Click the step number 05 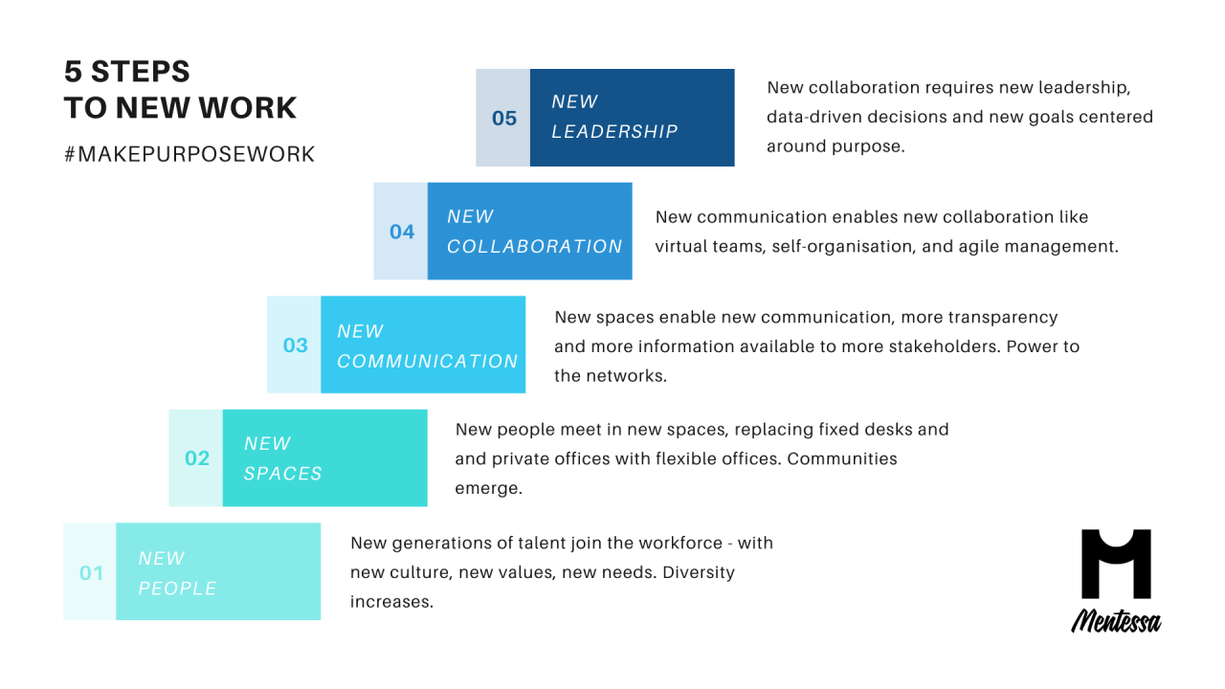503,118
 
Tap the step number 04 401,232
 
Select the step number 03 296,345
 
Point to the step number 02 197,458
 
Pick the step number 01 91,573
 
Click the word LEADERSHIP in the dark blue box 614,131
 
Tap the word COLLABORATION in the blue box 534,247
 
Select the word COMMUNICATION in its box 427,361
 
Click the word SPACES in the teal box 282,474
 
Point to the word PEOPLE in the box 177,589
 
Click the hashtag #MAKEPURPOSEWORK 189,154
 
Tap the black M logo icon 1116,564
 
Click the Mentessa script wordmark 1116,621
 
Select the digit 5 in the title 73,72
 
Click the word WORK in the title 247,108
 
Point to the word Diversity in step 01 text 699,572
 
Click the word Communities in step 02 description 842,458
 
